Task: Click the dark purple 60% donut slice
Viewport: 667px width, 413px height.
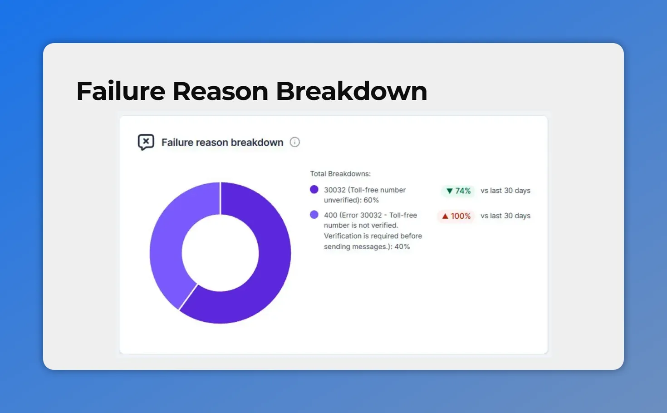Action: (268, 272)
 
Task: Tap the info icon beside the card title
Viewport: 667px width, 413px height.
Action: (295, 142)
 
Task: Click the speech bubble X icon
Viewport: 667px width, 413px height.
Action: (146, 142)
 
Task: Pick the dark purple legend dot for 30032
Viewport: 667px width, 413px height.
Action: (314, 190)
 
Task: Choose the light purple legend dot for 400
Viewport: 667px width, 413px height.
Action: (314, 215)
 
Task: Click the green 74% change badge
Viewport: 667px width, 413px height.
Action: (458, 191)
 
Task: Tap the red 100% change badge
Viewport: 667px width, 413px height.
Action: (456, 216)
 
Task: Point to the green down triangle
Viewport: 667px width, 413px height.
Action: (449, 191)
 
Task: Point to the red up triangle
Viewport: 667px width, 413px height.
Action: (445, 216)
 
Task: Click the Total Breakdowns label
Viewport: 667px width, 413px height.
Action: (340, 174)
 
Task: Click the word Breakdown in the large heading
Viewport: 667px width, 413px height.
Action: (351, 91)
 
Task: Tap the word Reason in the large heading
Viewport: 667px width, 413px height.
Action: (221, 91)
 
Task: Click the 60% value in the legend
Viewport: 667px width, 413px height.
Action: (371, 200)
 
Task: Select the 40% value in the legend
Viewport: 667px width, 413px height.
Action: (402, 247)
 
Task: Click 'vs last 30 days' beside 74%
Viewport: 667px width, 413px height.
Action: (505, 191)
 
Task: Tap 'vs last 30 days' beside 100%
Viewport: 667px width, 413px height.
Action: (505, 216)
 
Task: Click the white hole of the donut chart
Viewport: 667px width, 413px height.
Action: (221, 253)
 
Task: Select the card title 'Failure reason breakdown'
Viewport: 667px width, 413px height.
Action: (222, 143)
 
